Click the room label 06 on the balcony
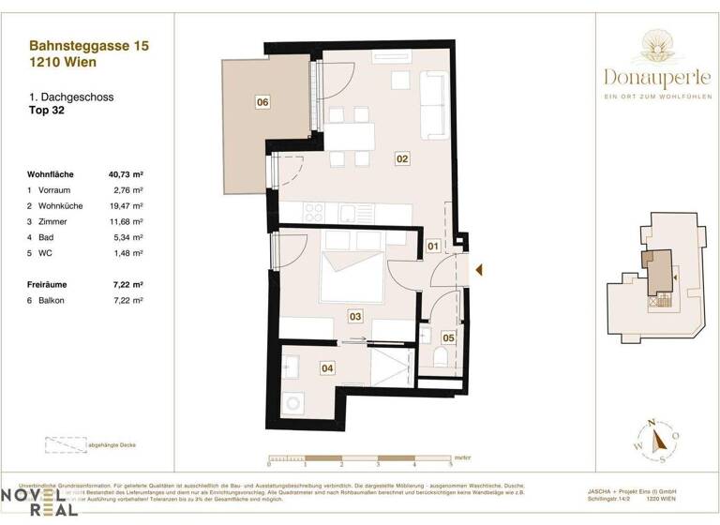(x=262, y=102)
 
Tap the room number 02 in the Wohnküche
(x=402, y=159)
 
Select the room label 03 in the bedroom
(x=355, y=317)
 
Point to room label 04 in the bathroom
(x=327, y=368)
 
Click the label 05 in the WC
(x=448, y=337)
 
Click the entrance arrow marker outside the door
(x=478, y=270)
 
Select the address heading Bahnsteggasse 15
(x=89, y=44)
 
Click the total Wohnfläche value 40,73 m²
(x=126, y=173)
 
